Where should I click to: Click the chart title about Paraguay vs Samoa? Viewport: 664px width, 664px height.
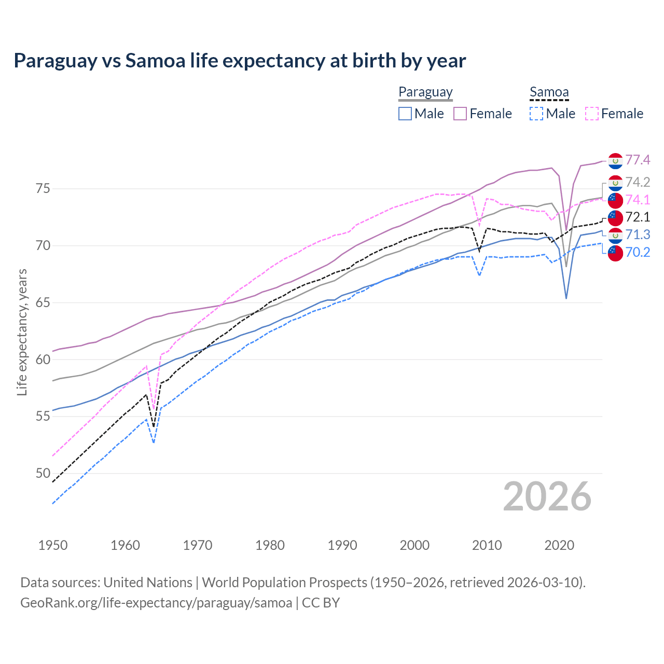(240, 61)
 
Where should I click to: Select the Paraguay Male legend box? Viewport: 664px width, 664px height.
(405, 114)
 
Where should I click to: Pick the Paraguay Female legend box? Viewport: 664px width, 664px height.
(461, 114)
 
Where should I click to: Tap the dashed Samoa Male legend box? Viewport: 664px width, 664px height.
(536, 114)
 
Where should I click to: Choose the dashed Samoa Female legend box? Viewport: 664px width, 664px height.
(592, 114)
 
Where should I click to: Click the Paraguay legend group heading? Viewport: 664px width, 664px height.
(425, 92)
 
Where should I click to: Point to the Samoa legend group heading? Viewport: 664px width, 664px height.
(549, 92)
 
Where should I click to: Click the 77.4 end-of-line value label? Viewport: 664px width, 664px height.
(638, 160)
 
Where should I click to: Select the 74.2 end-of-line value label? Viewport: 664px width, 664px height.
(638, 182)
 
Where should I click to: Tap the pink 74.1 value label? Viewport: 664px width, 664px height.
(638, 200)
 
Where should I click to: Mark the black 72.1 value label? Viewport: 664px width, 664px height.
(638, 217)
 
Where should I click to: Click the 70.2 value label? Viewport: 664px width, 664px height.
(638, 252)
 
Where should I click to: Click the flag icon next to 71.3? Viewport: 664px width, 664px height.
(615, 235)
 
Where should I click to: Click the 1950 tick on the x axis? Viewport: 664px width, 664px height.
(53, 545)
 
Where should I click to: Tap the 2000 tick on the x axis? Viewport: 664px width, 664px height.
(414, 545)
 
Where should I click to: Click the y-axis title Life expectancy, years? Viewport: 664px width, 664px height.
(22, 332)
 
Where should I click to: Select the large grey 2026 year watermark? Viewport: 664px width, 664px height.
(547, 497)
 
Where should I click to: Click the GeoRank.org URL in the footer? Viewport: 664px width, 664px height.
(156, 603)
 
